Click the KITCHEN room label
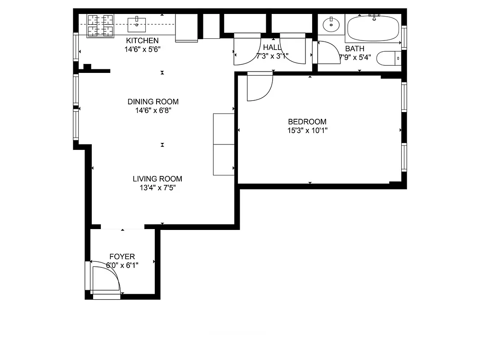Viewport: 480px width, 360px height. pos(142,41)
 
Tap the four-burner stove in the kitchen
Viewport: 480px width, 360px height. pos(100,25)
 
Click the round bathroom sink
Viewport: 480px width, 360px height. pos(332,24)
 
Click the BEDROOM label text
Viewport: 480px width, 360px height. pos(307,121)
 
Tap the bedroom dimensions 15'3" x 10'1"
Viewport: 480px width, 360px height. pos(307,130)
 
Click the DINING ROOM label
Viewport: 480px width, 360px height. pos(153,102)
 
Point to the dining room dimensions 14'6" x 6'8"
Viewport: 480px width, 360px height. pos(153,110)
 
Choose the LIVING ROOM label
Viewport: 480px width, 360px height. pos(157,179)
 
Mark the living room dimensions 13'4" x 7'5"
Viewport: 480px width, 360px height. pos(157,188)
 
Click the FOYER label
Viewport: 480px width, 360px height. pos(122,256)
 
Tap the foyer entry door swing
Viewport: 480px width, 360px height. pos(106,279)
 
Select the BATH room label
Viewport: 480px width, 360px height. pos(354,49)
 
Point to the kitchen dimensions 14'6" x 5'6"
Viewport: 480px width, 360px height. pos(142,49)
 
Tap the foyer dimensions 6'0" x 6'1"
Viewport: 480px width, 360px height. pos(122,265)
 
